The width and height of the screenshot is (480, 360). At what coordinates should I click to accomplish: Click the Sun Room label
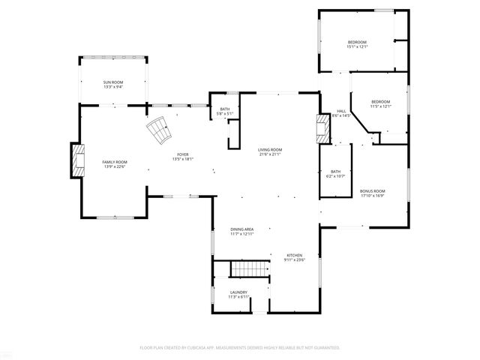coord(113,82)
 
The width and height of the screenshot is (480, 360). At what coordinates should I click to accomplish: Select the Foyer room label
coord(183,154)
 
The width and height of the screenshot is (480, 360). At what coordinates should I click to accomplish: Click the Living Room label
coord(270,150)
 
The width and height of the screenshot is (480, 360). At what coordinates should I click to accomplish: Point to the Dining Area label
coord(241,229)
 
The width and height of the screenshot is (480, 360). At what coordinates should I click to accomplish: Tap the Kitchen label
coord(294,256)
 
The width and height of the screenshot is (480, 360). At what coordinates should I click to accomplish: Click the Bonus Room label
coord(372,191)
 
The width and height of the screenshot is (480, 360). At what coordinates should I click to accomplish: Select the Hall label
coord(341,111)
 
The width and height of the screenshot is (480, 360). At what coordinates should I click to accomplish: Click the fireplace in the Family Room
coord(78,160)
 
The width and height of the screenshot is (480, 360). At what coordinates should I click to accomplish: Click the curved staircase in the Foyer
coord(159,132)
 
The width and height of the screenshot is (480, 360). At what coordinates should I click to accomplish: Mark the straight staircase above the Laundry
coord(248,268)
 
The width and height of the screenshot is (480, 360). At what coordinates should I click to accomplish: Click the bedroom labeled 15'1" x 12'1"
coord(357,42)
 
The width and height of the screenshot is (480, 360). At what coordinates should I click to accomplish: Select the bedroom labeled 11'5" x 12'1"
coord(380,102)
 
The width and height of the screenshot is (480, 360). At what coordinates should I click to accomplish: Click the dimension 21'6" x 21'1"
coord(270,154)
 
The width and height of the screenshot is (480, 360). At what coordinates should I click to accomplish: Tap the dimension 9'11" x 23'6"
coord(294,260)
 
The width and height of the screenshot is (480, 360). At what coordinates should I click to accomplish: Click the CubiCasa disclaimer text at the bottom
coord(240,347)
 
